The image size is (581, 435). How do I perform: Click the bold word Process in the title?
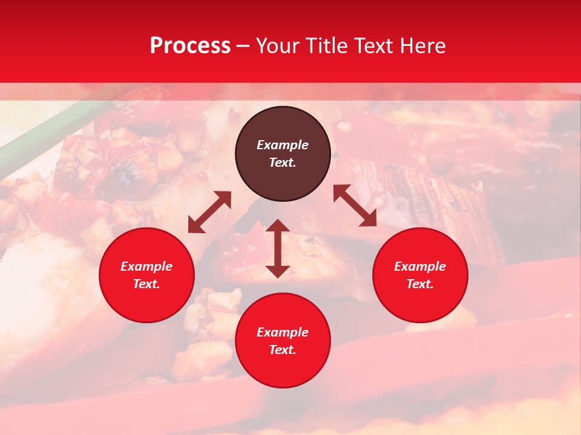pos(190,46)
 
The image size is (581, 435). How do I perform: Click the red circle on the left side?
pos(146,275)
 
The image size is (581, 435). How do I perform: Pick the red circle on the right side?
pos(420,275)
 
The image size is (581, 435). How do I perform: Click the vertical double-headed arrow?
pos(278,248)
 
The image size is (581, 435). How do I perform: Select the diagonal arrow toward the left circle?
pos(209,212)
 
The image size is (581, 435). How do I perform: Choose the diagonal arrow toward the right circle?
pos(355,206)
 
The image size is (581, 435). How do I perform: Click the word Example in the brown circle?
pos(283,145)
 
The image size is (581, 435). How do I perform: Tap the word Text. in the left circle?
pos(146,284)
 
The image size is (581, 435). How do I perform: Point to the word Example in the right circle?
pos(420,266)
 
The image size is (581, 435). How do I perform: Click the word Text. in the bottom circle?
pos(283,350)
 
